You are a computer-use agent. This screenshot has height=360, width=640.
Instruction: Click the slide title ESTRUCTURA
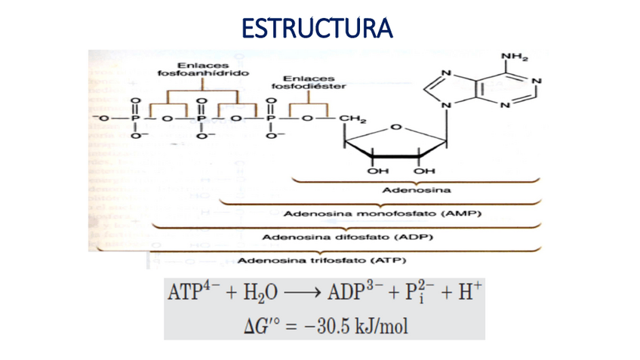click(317, 29)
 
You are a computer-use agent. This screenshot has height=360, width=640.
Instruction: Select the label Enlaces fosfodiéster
click(309, 82)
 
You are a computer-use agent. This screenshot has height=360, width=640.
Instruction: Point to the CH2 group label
click(353, 118)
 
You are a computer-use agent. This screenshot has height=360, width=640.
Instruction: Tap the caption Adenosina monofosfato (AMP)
click(382, 214)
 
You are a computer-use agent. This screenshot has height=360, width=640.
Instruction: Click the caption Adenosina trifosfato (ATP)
click(322, 261)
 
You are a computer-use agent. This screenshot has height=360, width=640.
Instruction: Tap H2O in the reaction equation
click(251, 293)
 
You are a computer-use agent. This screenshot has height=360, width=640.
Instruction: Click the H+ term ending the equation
click(456, 291)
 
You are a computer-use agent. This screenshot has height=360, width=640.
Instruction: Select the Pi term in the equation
click(412, 292)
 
